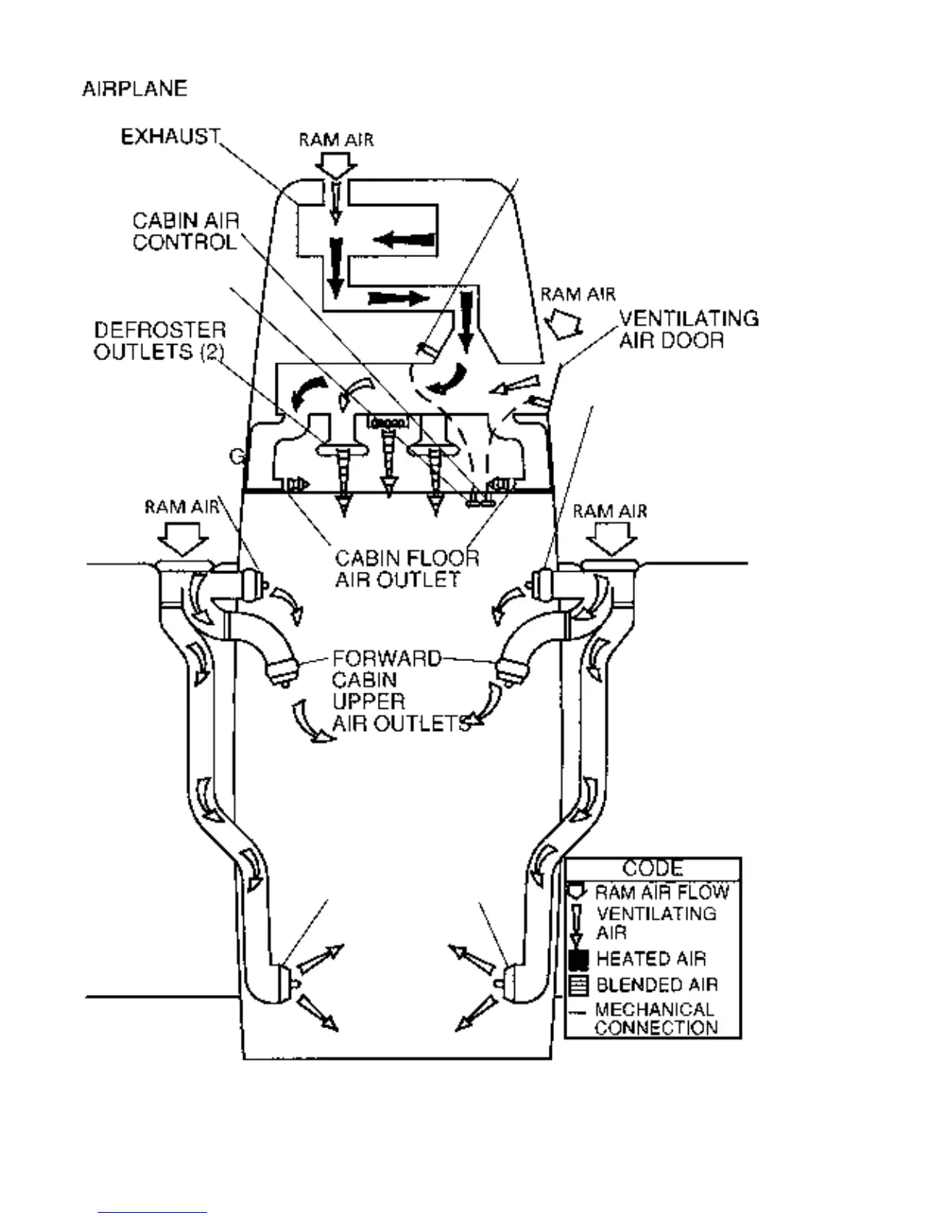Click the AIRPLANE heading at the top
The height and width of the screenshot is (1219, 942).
tap(135, 89)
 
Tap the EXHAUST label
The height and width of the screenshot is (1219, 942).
tap(171, 137)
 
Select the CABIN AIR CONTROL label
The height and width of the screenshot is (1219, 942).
tap(185, 232)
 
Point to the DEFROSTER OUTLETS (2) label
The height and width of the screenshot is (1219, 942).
tap(160, 341)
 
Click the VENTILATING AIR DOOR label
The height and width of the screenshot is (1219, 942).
tap(688, 329)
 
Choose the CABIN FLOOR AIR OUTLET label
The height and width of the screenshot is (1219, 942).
tap(406, 569)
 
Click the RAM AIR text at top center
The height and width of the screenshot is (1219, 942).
tap(336, 140)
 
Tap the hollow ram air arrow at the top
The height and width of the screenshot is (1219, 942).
tap(336, 163)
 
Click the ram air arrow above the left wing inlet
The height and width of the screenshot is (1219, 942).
tap(182, 538)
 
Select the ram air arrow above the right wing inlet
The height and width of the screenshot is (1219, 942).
tap(612, 538)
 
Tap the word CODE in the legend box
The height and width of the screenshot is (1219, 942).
tap(653, 869)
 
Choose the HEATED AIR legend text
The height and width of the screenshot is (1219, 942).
tap(650, 959)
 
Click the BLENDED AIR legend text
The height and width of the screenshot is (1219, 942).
tap(656, 985)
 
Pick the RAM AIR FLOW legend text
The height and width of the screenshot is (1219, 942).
tap(662, 893)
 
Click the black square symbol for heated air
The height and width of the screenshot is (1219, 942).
tap(578, 960)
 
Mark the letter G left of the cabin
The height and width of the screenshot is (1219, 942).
tap(237, 456)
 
